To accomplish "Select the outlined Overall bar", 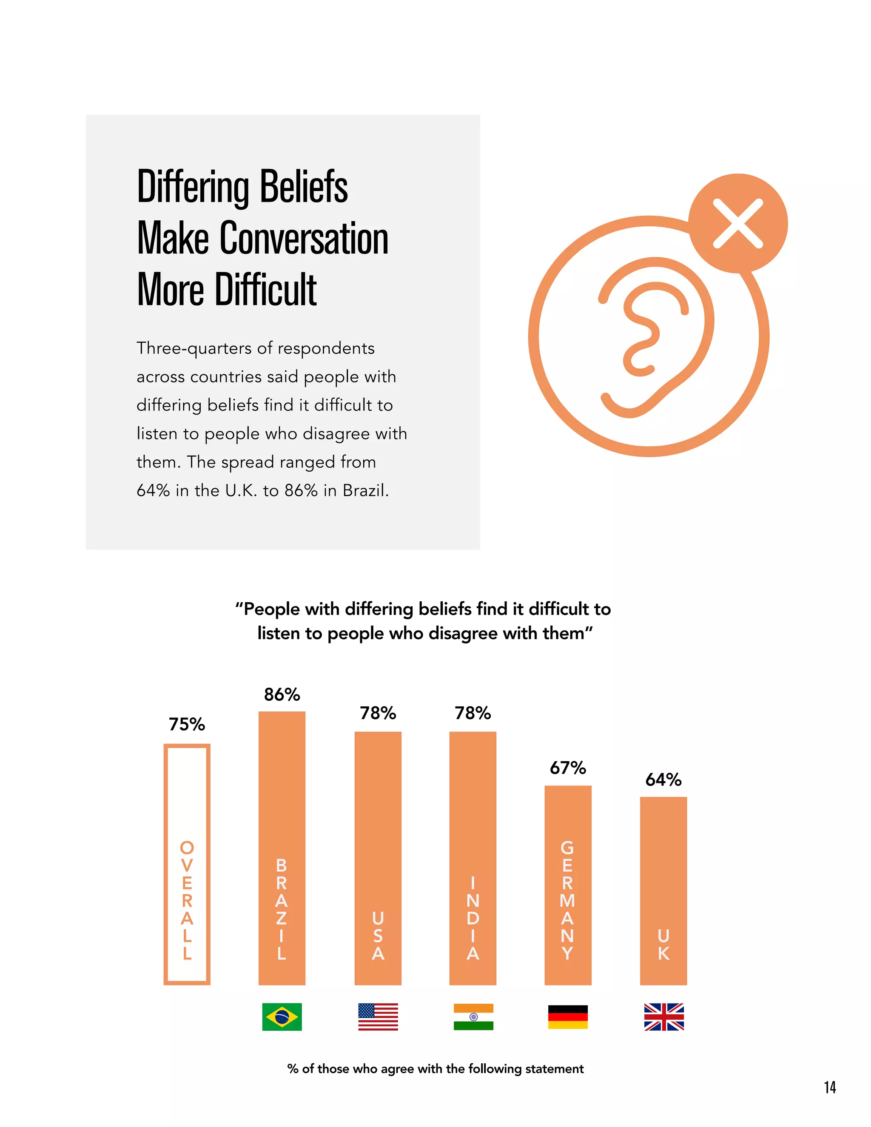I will tap(187, 864).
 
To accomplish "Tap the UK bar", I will tap(663, 890).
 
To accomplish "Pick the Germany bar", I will tap(568, 885).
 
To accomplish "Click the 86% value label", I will tap(282, 694).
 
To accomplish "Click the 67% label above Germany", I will tap(568, 768).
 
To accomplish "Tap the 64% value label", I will tap(663, 780).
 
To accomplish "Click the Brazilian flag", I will tap(282, 1016).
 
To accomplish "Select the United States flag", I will tap(378, 1016).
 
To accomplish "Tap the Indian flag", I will tap(473, 1016).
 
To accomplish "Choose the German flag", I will tap(568, 1016).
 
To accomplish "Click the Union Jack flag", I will tap(663, 1016).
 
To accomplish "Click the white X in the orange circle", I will tap(737, 223).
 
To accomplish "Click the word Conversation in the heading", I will tap(304, 239).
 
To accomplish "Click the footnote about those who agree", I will tap(435, 1069).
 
